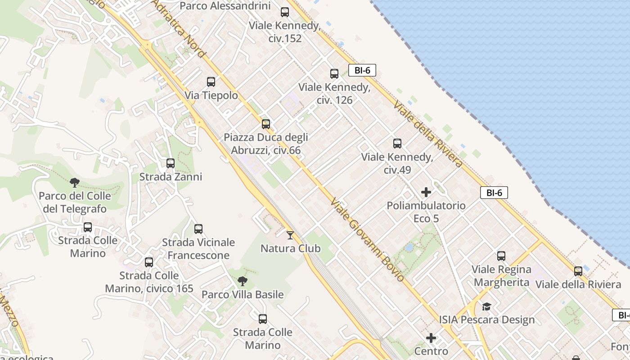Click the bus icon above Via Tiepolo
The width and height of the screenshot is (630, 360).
coord(211,82)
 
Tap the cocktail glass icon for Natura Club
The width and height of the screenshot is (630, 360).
coord(290,235)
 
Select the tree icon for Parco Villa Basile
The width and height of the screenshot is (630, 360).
coord(243,282)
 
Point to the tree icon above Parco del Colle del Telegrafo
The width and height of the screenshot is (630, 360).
coord(75,183)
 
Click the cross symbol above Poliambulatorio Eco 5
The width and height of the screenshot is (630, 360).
coord(426,193)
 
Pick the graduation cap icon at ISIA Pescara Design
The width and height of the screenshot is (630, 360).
coord(486,307)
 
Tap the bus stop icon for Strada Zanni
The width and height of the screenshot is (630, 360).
coord(171,163)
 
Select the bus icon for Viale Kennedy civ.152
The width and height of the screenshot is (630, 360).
coord(285,12)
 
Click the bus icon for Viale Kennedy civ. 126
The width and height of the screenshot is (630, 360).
coord(334,74)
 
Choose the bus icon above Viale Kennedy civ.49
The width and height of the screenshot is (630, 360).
coord(397,144)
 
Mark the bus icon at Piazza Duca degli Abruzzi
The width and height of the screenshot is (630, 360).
coord(266,124)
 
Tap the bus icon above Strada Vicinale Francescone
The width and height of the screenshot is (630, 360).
coord(198,229)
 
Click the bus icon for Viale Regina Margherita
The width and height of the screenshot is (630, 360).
coord(501,256)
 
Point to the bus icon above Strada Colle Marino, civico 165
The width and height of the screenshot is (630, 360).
coord(149,262)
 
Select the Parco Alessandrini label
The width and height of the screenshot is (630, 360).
coord(225,6)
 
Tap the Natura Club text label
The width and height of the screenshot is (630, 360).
coord(291,248)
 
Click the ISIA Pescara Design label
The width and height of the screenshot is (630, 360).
coord(487,320)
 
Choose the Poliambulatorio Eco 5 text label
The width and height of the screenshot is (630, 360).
coord(426,212)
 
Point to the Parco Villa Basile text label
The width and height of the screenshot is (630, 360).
coord(243,295)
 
